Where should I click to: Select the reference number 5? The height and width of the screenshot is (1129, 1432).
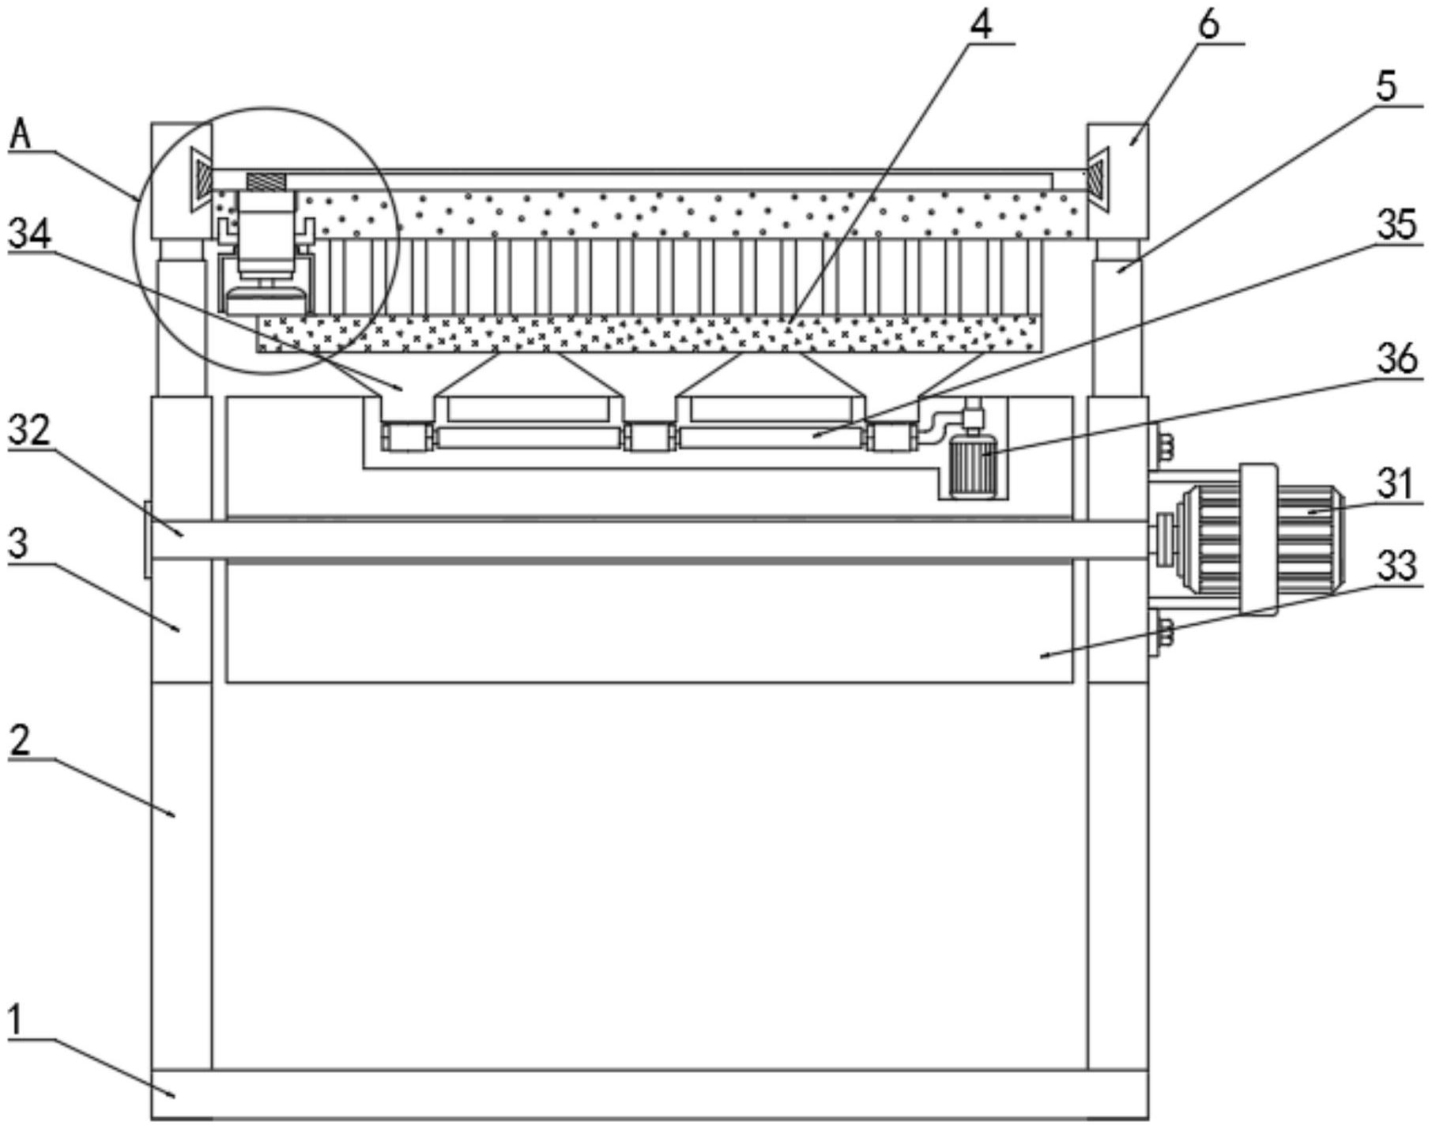coord(1385,87)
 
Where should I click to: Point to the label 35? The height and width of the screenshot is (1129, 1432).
coord(1396,225)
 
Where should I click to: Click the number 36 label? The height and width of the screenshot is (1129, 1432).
coord(1396,359)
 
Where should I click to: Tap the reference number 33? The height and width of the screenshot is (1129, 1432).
coord(1396,566)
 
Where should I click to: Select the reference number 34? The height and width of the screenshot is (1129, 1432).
coord(29,234)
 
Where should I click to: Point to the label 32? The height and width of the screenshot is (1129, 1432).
coord(29,430)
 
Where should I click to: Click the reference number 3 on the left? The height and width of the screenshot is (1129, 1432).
coord(18,544)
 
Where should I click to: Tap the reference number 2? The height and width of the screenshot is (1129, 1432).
coord(20,741)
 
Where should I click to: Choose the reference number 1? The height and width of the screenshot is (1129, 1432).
coord(17,1021)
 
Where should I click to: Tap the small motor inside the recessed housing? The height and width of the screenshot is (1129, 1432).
coord(971,469)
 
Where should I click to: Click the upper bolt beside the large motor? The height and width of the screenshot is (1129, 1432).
coord(1165,448)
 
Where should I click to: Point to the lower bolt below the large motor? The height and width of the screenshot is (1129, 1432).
coord(1165,634)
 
